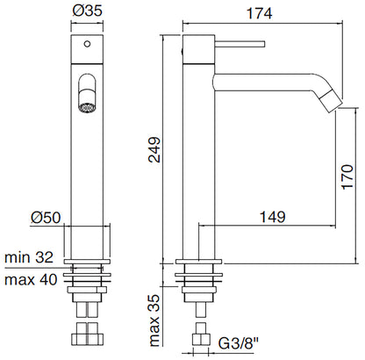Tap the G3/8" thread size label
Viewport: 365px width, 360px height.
pyautogui.click(x=244, y=343)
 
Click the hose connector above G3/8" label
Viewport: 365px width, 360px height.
pyautogui.click(x=200, y=334)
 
